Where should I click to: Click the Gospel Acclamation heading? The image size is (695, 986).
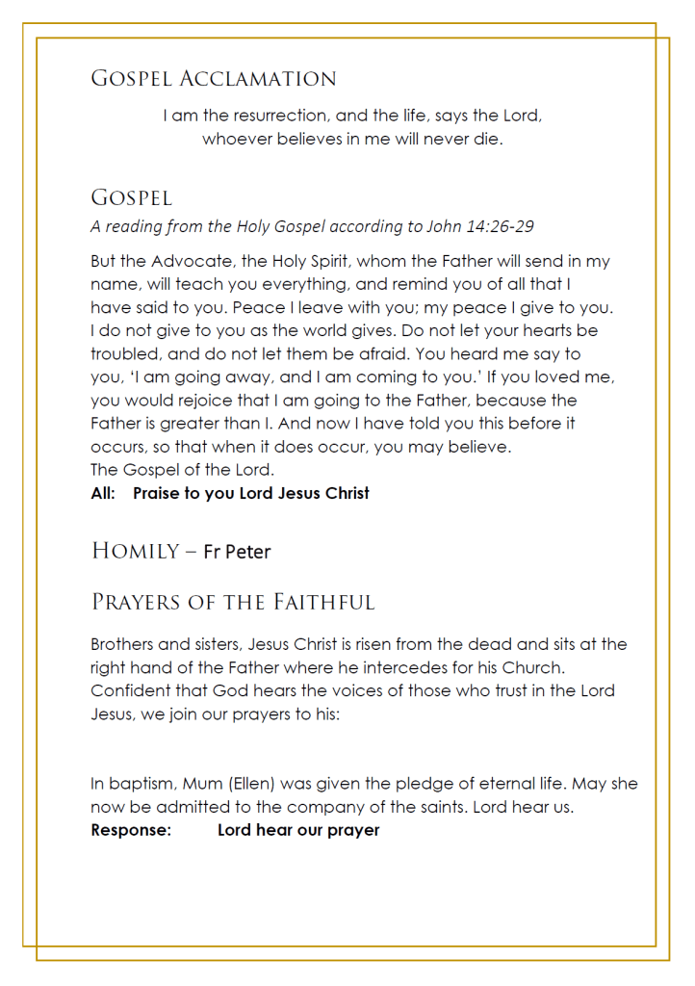pyautogui.click(x=214, y=79)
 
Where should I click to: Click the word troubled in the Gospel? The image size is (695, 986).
pyautogui.click(x=125, y=353)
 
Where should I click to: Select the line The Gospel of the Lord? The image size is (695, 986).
pyautogui.click(x=182, y=470)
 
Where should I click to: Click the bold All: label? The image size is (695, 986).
pyautogui.click(x=103, y=493)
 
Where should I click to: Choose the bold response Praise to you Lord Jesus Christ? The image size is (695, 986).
pyautogui.click(x=251, y=493)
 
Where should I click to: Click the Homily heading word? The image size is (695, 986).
pyautogui.click(x=136, y=551)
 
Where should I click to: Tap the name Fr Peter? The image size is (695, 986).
pyautogui.click(x=237, y=552)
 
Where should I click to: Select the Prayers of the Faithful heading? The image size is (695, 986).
pyautogui.click(x=233, y=603)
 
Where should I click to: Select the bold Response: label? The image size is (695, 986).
pyautogui.click(x=131, y=830)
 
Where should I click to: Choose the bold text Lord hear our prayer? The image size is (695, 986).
pyautogui.click(x=298, y=830)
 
